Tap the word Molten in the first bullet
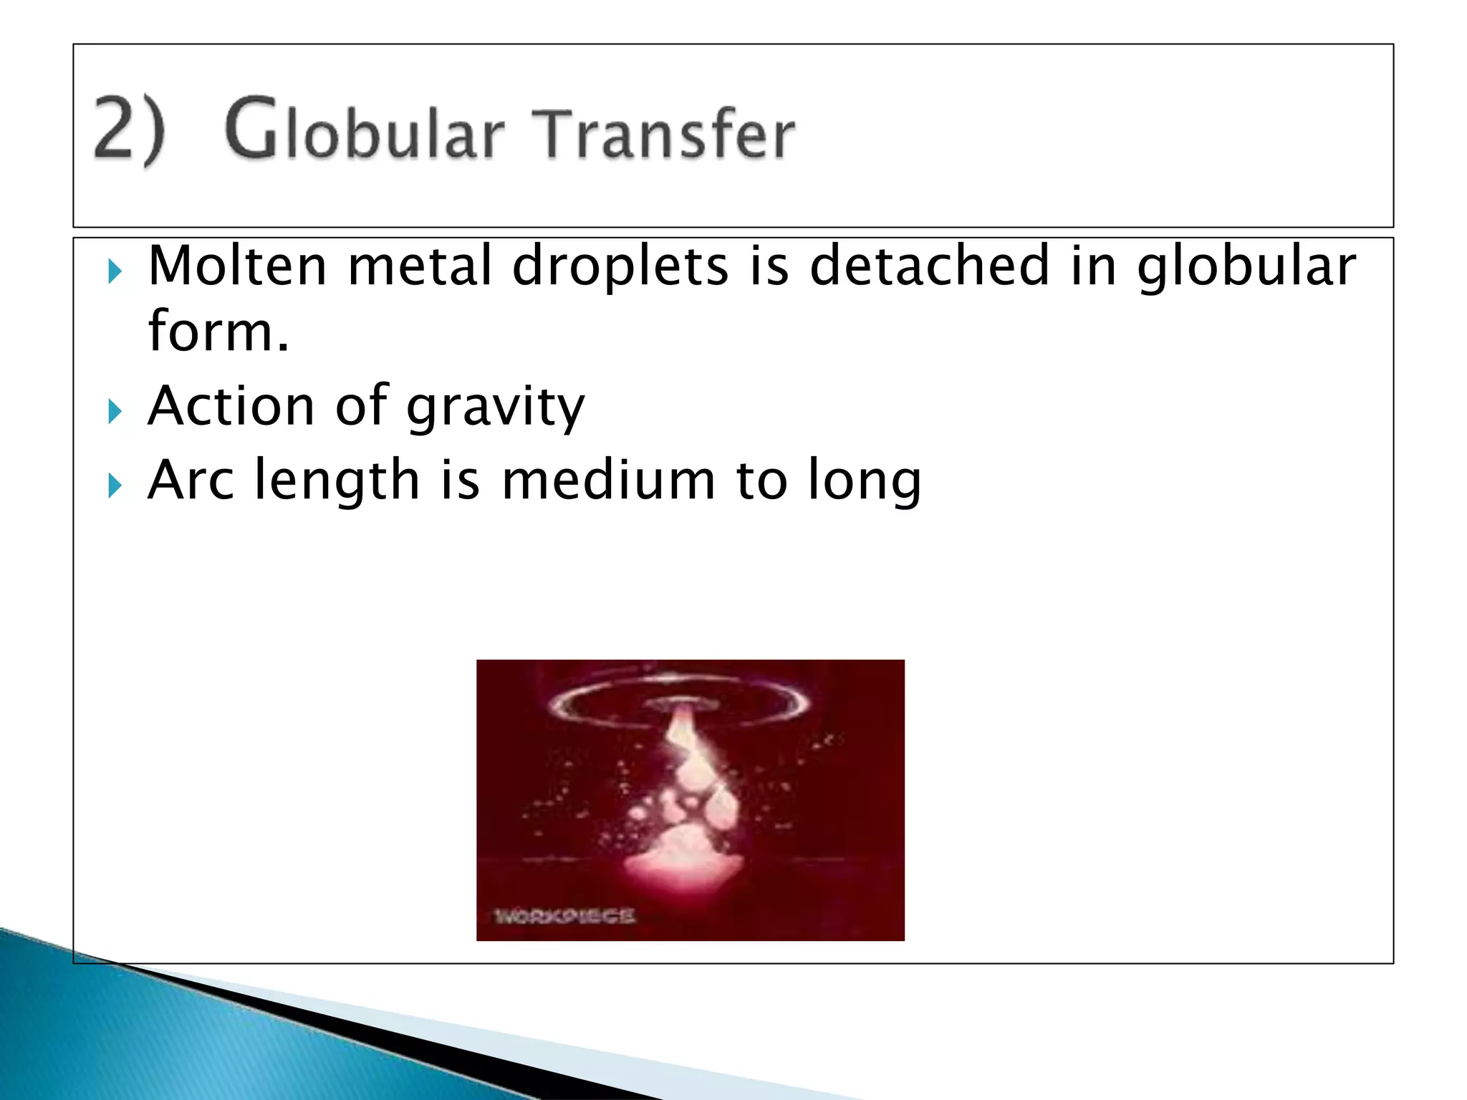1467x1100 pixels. click(x=238, y=266)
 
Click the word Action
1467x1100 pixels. click(x=231, y=407)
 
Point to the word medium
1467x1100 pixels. click(x=608, y=480)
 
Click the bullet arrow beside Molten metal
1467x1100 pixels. click(x=115, y=272)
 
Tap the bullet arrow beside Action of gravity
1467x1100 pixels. click(x=115, y=412)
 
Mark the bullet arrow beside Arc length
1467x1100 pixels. click(x=115, y=486)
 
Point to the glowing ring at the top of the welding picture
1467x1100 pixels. click(x=680, y=699)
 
